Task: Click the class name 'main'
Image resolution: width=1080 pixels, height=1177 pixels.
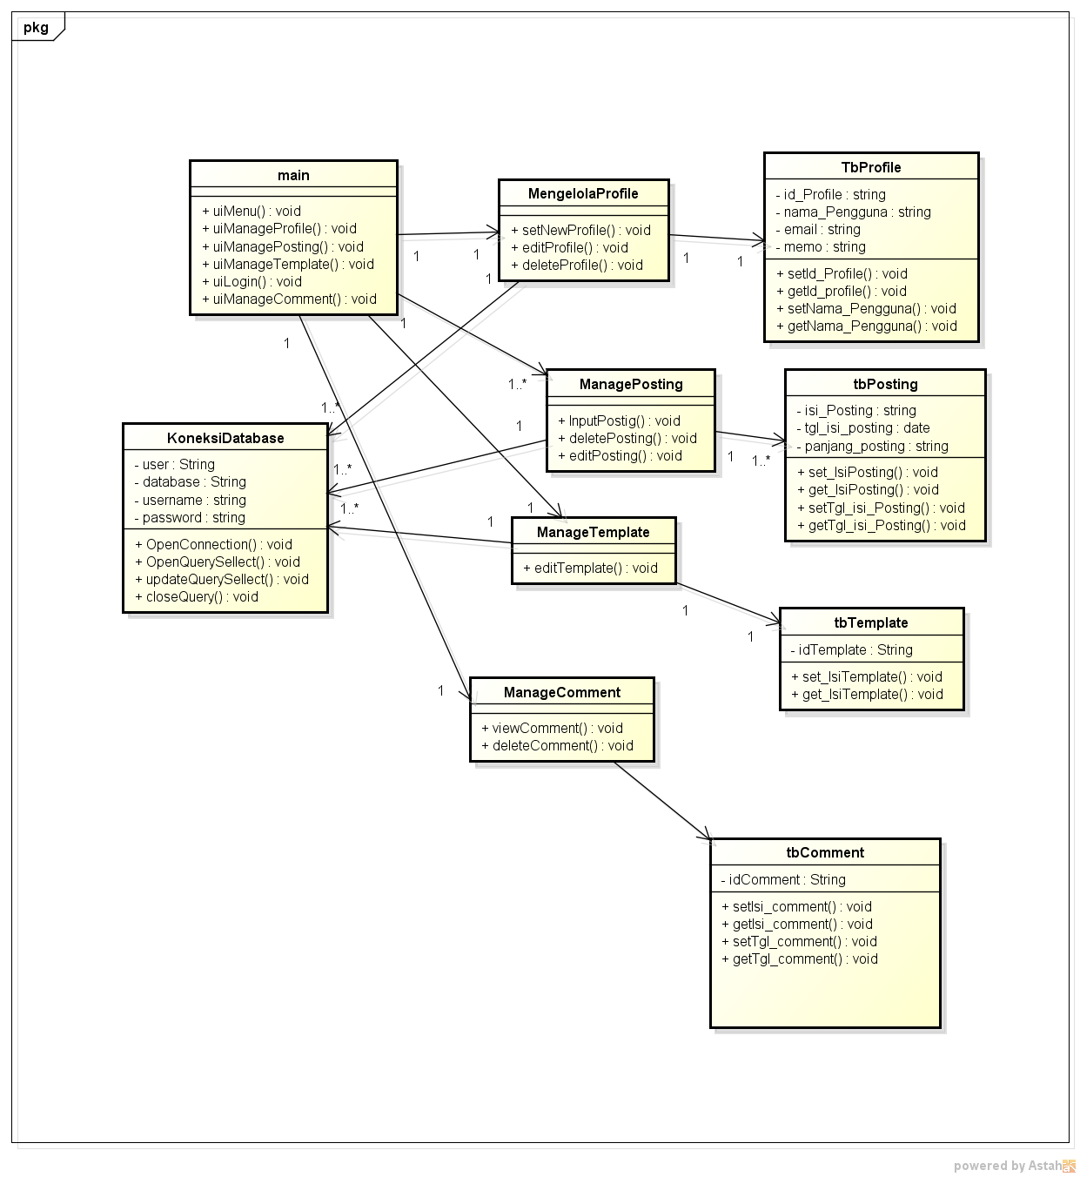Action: point(293,175)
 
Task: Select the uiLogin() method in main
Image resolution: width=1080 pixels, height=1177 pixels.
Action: point(252,281)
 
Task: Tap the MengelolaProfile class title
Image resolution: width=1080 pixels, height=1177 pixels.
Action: point(583,193)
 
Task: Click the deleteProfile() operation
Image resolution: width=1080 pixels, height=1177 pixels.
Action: point(577,266)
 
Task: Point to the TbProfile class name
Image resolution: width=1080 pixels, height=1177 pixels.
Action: point(871,167)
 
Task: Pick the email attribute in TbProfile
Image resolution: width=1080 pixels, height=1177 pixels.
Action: point(818,230)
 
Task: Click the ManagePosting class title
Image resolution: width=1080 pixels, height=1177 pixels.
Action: point(631,384)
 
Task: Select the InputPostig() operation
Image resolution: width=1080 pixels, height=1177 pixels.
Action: point(619,420)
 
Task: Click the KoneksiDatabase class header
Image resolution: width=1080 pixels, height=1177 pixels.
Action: point(225,438)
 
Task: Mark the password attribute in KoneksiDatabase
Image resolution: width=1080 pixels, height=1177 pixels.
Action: point(190,518)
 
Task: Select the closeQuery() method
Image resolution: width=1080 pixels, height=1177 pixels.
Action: point(197,597)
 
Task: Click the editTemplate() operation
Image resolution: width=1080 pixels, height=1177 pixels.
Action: point(590,568)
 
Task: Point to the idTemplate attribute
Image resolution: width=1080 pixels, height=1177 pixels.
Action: point(852,650)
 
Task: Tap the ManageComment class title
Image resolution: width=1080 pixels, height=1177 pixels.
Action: point(562,692)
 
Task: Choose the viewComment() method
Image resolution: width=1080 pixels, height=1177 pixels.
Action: point(553,728)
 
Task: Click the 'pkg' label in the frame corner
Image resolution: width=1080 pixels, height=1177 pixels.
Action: point(37,27)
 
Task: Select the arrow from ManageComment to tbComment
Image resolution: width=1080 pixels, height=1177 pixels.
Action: point(663,800)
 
